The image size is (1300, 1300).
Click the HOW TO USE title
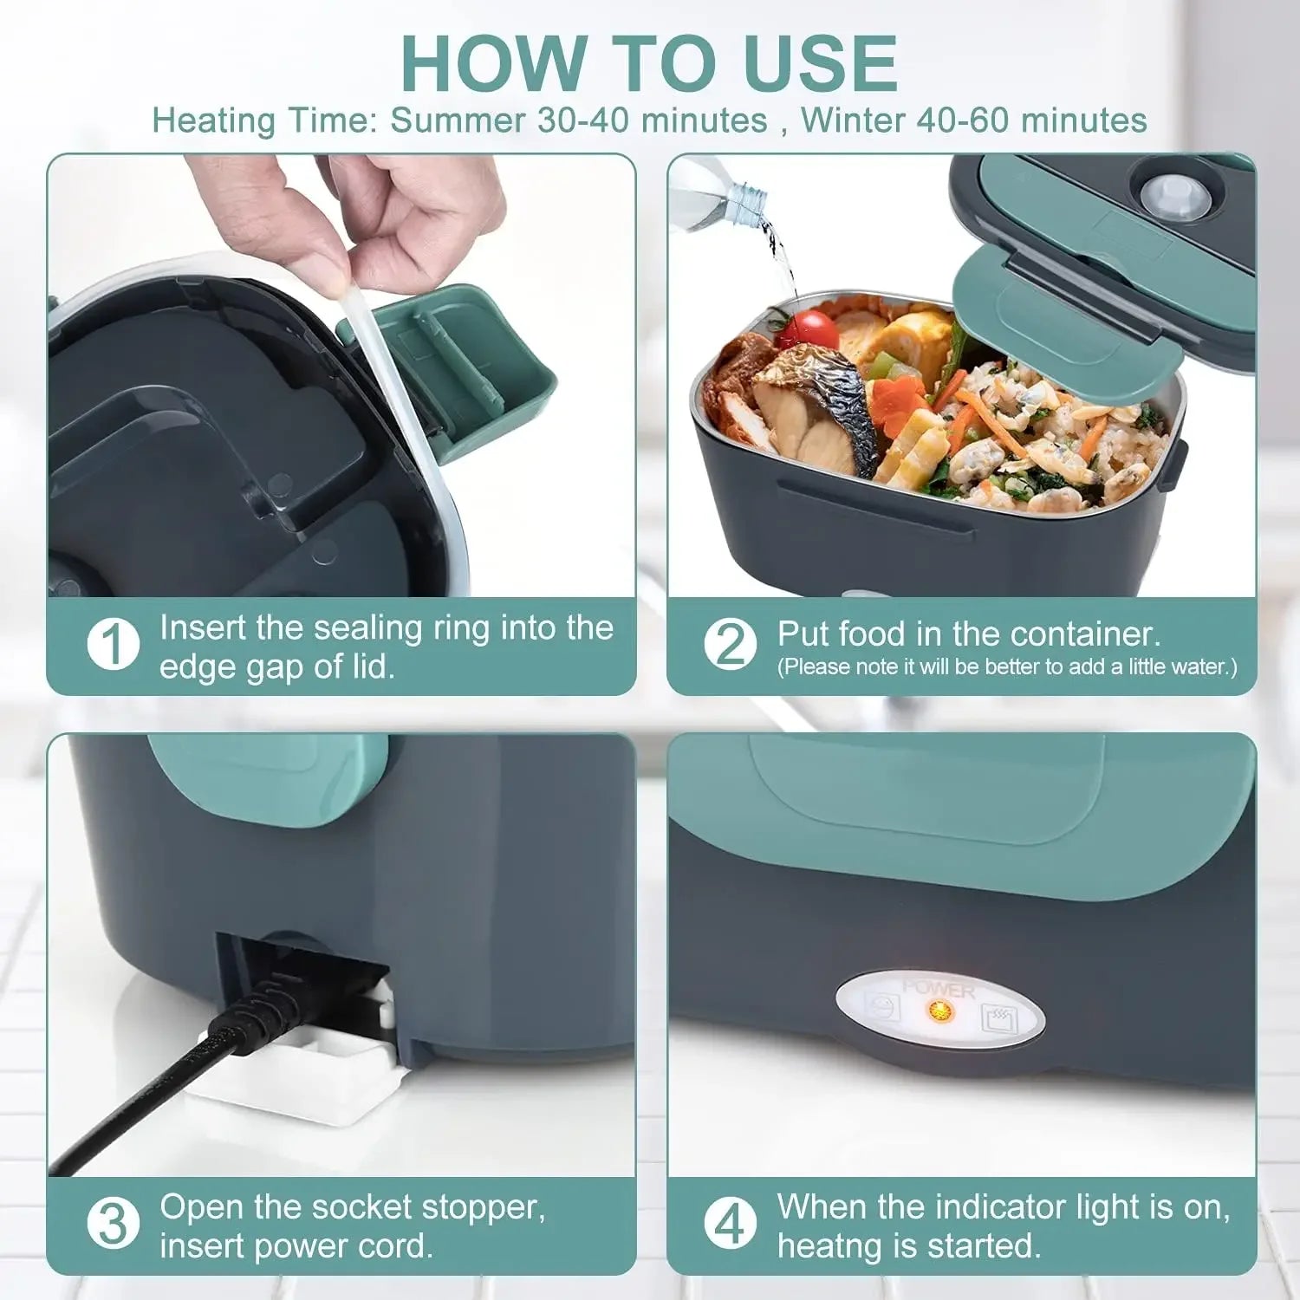[x=649, y=64]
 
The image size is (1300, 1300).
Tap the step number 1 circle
[x=113, y=645]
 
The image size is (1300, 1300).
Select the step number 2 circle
[x=730, y=645]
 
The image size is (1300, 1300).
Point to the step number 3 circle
[x=113, y=1225]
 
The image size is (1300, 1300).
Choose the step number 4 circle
[x=730, y=1225]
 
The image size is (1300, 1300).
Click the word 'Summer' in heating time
[x=458, y=120]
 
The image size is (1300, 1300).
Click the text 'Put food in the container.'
[x=968, y=634]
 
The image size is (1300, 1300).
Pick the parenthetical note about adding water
[x=1006, y=667]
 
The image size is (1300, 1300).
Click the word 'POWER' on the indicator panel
[x=939, y=989]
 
